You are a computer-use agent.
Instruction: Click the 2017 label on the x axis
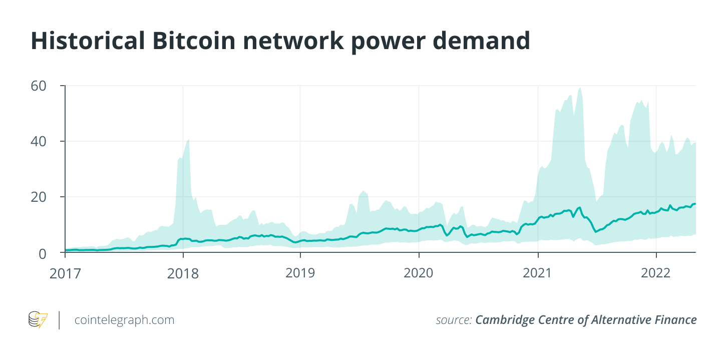[x=65, y=273]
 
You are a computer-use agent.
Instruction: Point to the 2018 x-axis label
[x=183, y=273]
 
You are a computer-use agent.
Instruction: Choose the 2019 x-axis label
[x=300, y=273]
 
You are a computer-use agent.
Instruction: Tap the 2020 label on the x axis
[x=419, y=273]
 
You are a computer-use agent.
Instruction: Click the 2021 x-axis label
[x=537, y=273]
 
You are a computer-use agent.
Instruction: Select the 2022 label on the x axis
[x=656, y=273]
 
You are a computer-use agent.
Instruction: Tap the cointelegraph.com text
[x=124, y=320]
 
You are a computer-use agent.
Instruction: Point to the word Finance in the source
[x=674, y=320]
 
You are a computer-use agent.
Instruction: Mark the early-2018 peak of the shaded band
[x=188, y=140]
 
